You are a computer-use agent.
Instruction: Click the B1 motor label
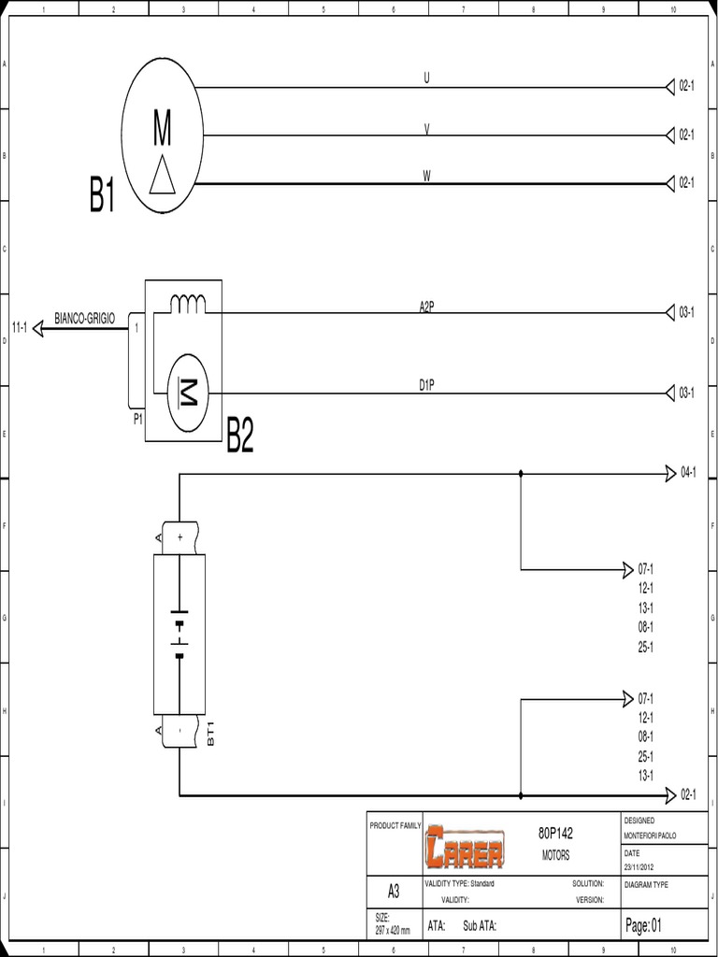(103, 197)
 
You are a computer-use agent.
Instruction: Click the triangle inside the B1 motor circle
(163, 175)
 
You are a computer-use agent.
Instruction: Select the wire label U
(426, 79)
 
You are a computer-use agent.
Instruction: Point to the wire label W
(426, 176)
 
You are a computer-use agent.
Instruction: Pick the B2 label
(240, 436)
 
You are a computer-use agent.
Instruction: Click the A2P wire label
(426, 306)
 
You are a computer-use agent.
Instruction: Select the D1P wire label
(426, 384)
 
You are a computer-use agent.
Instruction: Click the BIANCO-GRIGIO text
(85, 320)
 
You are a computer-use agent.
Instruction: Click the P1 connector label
(137, 420)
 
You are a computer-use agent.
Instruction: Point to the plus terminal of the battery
(179, 537)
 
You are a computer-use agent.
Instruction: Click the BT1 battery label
(211, 733)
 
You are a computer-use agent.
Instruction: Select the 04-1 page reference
(688, 473)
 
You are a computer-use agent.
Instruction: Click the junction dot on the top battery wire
(521, 474)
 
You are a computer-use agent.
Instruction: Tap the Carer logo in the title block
(464, 846)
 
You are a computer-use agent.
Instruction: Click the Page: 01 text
(643, 925)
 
